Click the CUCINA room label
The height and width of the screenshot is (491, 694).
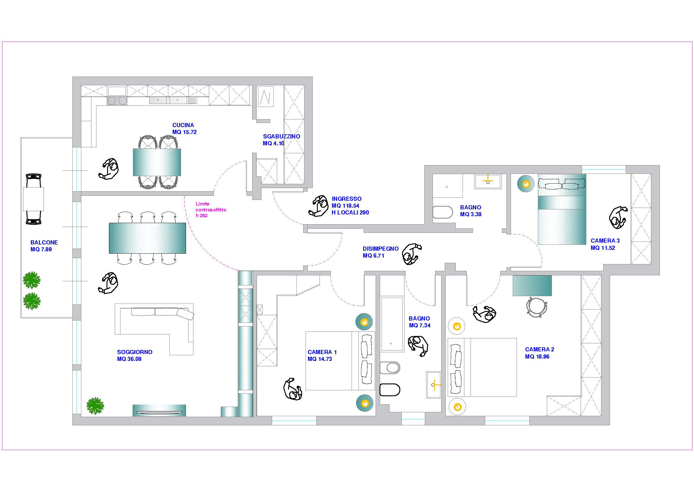point(183,125)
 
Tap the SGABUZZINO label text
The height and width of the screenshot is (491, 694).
point(281,136)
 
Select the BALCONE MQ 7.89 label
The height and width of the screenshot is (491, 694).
point(44,246)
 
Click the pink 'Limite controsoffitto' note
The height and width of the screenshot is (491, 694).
point(211,210)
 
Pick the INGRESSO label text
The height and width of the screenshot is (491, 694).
point(347,199)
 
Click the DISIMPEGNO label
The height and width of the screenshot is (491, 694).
point(381,249)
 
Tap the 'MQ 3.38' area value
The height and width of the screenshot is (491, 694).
point(471,214)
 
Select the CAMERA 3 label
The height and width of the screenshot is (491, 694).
point(605,241)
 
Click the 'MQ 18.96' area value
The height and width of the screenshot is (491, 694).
point(537,356)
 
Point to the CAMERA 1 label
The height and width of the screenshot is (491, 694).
point(322,352)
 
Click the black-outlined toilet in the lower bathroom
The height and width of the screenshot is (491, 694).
point(390,390)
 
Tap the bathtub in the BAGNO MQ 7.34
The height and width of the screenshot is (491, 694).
point(392,324)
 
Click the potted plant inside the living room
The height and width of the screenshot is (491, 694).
point(95,406)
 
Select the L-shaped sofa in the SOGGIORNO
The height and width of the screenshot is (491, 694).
point(154,329)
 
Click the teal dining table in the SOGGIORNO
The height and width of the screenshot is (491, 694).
point(147,238)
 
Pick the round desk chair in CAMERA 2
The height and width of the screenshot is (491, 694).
point(537,307)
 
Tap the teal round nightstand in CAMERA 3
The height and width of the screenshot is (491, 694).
point(526,184)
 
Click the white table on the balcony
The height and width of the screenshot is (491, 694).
point(34,199)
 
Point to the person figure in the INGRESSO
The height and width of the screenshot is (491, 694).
point(319,206)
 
